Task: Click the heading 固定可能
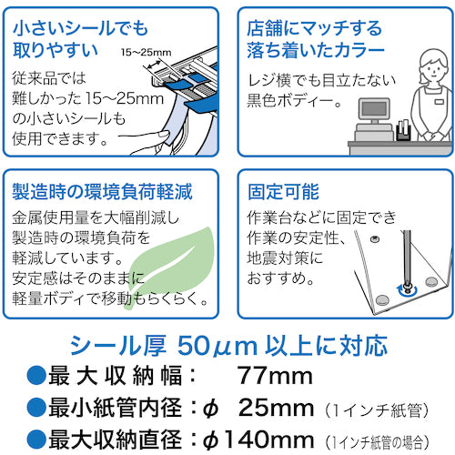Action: (x=283, y=192)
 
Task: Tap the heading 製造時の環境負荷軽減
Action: (x=102, y=192)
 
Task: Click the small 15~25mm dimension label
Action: (x=146, y=52)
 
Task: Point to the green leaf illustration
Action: (x=170, y=267)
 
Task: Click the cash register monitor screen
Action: (x=374, y=109)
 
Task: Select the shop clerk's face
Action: (x=433, y=71)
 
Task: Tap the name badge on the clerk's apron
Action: (x=439, y=101)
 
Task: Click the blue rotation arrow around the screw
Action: (x=407, y=290)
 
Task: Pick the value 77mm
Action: (x=275, y=376)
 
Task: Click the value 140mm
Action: (x=268, y=440)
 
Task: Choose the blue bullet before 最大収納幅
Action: (x=36, y=376)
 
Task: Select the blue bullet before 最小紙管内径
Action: (x=36, y=407)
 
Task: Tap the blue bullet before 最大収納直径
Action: (x=36, y=440)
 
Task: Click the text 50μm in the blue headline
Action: (x=217, y=346)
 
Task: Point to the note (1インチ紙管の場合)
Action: (x=377, y=442)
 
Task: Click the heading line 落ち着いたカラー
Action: (x=316, y=50)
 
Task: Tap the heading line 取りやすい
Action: (x=56, y=50)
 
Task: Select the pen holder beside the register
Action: (x=403, y=130)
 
